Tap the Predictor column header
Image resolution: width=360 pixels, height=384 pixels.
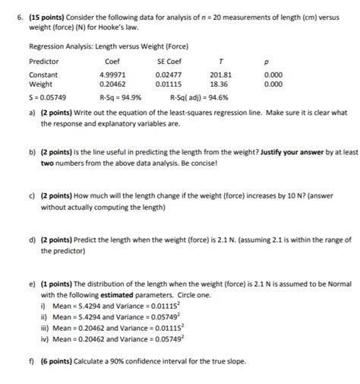coord(43,60)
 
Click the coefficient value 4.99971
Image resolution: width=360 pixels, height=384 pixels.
coord(114,75)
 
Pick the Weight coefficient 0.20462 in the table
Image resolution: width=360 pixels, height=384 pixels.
coord(114,84)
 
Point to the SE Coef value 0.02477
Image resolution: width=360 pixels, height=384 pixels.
coord(168,75)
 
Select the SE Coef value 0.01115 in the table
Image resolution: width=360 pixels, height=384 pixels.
coord(168,84)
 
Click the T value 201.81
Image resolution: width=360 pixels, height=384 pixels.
coord(221,75)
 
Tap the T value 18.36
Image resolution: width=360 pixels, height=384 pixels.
coord(221,84)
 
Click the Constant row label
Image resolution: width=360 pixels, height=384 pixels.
coord(43,75)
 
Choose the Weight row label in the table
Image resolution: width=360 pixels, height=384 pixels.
coord(41,84)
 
